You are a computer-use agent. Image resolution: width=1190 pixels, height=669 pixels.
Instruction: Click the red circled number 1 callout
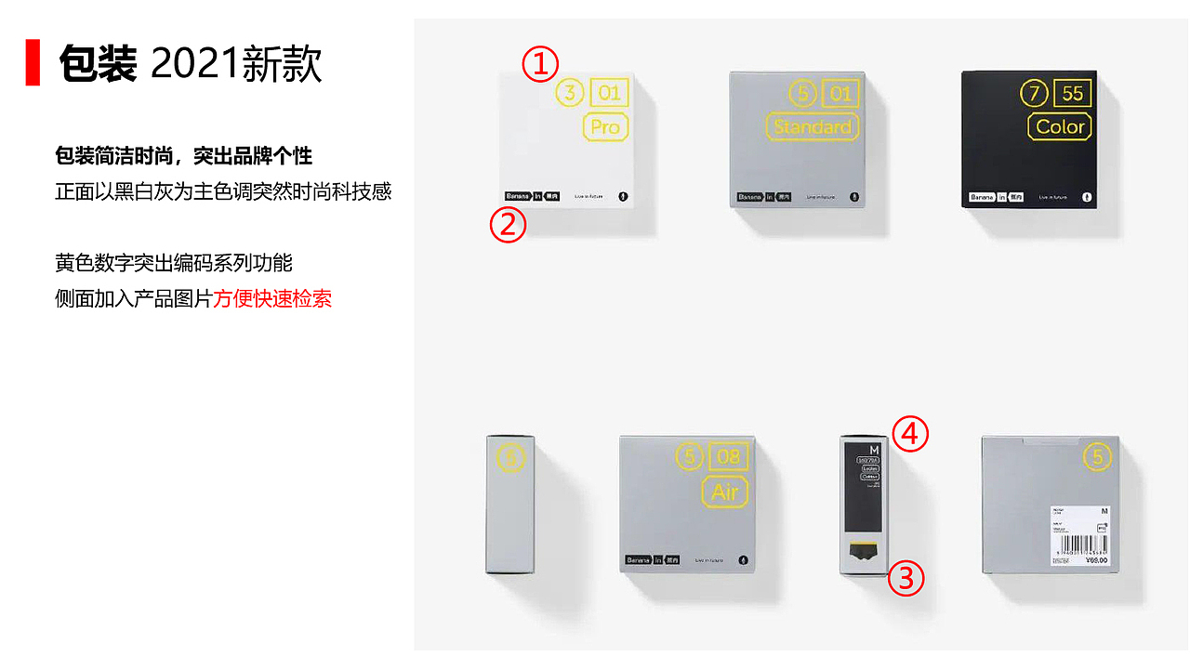pyautogui.click(x=540, y=65)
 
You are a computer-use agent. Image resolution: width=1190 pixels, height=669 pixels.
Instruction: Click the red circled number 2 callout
pyautogui.click(x=508, y=226)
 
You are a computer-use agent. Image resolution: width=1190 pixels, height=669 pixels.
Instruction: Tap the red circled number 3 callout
pyautogui.click(x=906, y=579)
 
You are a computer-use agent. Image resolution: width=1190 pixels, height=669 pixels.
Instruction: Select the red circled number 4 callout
pyautogui.click(x=910, y=434)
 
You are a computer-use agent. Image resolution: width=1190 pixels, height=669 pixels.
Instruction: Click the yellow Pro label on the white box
pyautogui.click(x=605, y=127)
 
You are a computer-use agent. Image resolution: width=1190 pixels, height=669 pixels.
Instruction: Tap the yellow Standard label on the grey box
pyautogui.click(x=812, y=127)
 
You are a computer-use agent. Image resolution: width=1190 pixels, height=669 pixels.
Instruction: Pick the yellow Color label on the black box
pyautogui.click(x=1061, y=127)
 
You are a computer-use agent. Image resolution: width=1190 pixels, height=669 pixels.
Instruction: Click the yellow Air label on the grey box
pyautogui.click(x=724, y=492)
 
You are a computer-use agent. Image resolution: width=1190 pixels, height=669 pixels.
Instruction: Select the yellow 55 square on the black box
pyautogui.click(x=1073, y=94)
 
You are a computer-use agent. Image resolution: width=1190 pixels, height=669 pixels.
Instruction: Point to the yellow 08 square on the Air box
pyautogui.click(x=729, y=457)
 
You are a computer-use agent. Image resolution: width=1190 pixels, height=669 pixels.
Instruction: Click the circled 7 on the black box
pyautogui.click(x=1033, y=94)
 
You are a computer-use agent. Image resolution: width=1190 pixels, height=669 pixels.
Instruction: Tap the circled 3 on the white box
pyautogui.click(x=570, y=93)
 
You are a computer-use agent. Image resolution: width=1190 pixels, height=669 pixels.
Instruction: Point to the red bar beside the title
pyautogui.click(x=33, y=62)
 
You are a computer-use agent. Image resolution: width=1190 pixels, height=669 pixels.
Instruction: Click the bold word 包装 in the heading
pyautogui.click(x=98, y=64)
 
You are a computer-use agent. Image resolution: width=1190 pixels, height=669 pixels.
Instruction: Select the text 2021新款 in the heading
pyautogui.click(x=236, y=64)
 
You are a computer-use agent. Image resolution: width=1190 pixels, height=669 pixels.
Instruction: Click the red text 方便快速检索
pyautogui.click(x=272, y=299)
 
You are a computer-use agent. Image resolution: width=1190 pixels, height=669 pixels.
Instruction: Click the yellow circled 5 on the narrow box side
pyautogui.click(x=510, y=458)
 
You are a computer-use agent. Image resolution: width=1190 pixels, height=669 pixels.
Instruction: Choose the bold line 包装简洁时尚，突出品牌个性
pyautogui.click(x=183, y=156)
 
